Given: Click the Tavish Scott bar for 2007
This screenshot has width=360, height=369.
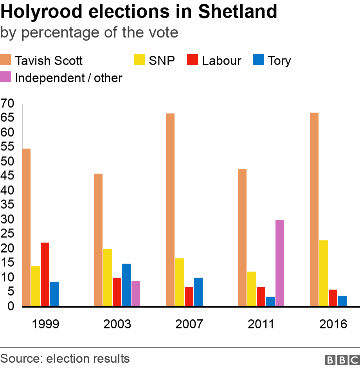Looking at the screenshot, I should pyautogui.click(x=170, y=210).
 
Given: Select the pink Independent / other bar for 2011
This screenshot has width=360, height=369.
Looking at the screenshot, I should pyautogui.click(x=280, y=263).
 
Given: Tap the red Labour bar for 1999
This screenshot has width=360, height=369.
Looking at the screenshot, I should pyautogui.click(x=45, y=274).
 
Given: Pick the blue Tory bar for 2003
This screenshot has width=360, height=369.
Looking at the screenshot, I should pyautogui.click(x=126, y=285).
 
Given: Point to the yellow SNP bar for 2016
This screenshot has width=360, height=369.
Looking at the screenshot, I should pyautogui.click(x=324, y=273).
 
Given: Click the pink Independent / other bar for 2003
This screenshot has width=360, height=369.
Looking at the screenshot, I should pyautogui.click(x=136, y=294).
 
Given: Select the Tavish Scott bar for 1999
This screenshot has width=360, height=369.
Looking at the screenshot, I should pyautogui.click(x=26, y=227).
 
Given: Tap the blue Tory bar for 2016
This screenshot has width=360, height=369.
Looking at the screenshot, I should pyautogui.click(x=342, y=301).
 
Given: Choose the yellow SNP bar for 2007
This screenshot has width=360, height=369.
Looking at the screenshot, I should pyautogui.click(x=180, y=282).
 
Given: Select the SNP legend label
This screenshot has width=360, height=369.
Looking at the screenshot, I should pyautogui.click(x=162, y=61).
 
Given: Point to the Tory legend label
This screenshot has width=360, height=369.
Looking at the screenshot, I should pyautogui.click(x=279, y=61).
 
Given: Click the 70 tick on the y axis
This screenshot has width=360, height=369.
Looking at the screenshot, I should pyautogui.click(x=7, y=104).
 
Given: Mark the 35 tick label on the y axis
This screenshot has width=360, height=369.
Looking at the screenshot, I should pyautogui.click(x=7, y=205).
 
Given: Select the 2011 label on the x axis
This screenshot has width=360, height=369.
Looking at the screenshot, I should pyautogui.click(x=261, y=324).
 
